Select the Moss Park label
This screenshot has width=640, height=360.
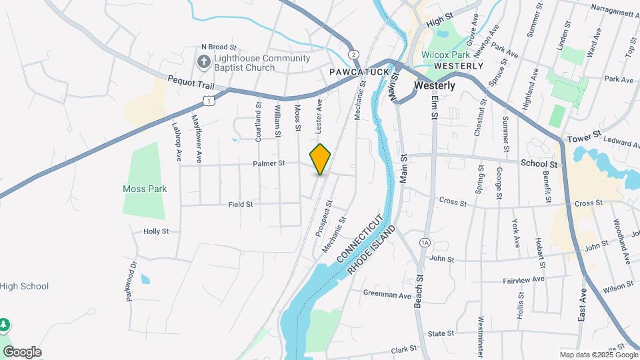145,189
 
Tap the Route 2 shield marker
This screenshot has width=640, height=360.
353,54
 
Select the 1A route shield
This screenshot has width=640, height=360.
425,242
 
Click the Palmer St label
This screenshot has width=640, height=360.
269,163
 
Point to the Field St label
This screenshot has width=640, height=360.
241,205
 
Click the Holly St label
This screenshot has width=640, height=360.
156,231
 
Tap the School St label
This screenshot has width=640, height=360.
539,163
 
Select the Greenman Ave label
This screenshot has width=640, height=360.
387,294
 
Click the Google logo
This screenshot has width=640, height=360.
22,352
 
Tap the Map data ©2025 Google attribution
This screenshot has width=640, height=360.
597,355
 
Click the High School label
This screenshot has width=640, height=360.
25,287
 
